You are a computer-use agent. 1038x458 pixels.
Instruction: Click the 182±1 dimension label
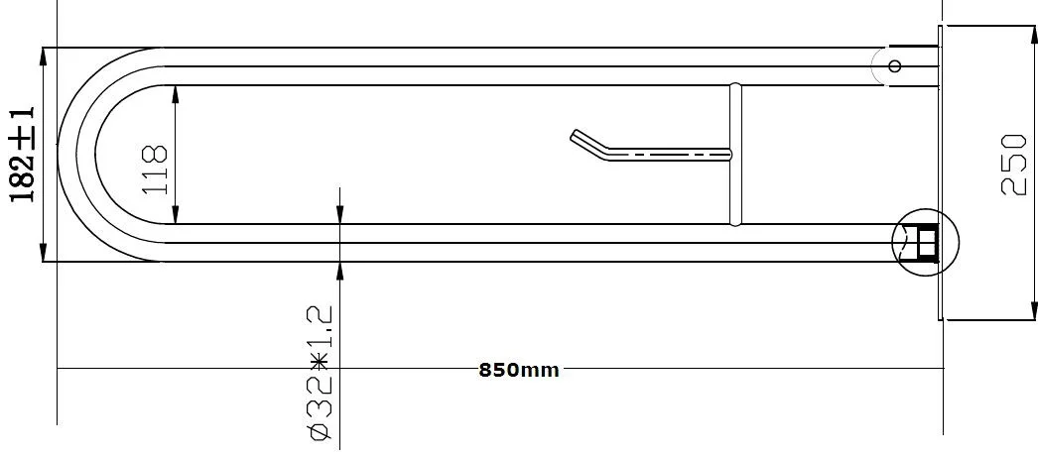point(21,154)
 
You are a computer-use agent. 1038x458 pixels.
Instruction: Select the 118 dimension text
point(156,170)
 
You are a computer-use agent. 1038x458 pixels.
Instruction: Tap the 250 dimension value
point(1013,165)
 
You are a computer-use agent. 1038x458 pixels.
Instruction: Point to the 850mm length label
point(519,370)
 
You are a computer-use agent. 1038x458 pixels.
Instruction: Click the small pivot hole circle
point(895,66)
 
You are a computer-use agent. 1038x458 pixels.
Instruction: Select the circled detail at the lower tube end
point(925,242)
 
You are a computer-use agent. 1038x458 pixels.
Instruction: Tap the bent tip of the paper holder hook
point(574,134)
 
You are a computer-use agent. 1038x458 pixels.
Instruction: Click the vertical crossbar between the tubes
point(735,154)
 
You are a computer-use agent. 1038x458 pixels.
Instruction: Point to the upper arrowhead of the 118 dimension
point(176,94)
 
